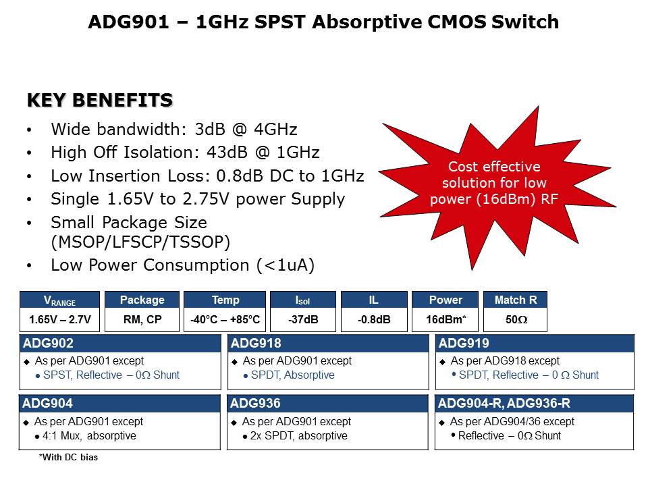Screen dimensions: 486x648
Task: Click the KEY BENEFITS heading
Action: [99, 101]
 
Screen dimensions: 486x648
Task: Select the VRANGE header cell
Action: [60, 300]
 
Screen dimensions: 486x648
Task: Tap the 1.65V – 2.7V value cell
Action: [60, 320]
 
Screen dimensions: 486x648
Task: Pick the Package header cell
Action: [142, 300]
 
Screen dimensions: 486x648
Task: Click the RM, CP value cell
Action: [142, 320]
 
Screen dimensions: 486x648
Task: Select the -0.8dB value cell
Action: [374, 320]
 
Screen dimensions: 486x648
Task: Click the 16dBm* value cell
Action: [446, 320]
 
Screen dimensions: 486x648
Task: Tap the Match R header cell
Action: [515, 300]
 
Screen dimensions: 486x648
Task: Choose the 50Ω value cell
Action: [515, 320]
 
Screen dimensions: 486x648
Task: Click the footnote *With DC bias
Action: [68, 458]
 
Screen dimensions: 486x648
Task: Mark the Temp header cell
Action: [225, 300]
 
